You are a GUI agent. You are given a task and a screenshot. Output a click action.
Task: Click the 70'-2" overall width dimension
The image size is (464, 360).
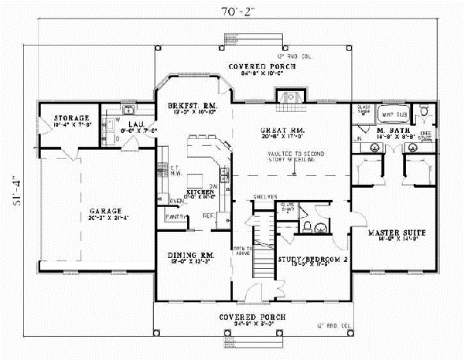231,10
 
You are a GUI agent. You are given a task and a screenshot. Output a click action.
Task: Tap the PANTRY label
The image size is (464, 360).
173,217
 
